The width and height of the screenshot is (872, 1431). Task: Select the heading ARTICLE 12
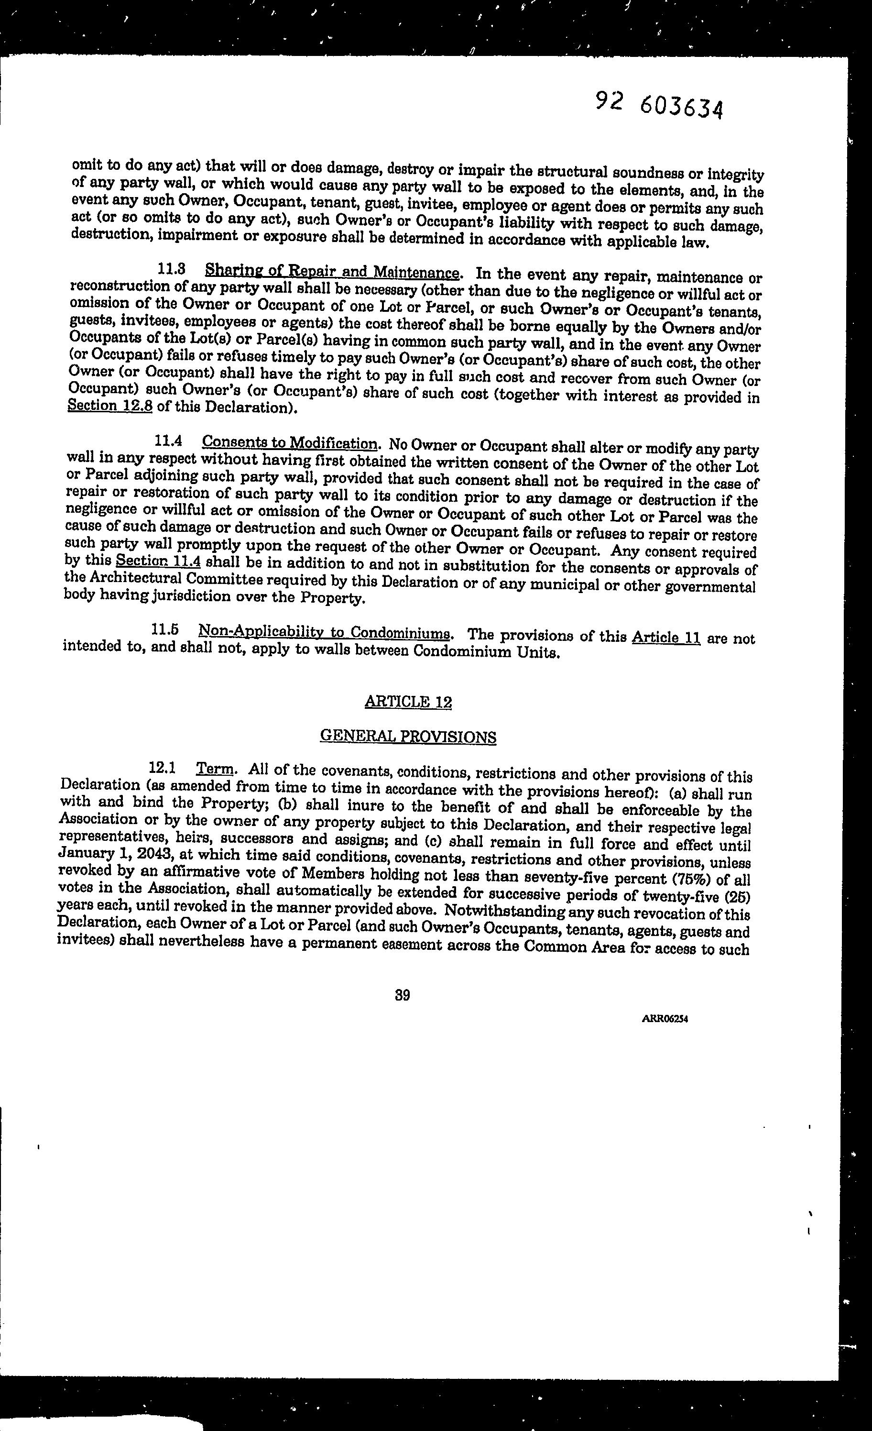coord(408,702)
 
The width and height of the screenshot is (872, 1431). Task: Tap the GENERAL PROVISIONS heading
coord(408,737)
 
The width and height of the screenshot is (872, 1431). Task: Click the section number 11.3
coord(172,269)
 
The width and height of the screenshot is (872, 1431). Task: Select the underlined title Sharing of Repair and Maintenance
coord(333,271)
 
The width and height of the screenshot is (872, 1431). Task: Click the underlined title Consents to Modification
coord(290,443)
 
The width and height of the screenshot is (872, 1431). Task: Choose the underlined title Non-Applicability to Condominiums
coord(325,632)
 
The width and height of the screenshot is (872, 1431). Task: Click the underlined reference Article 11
coord(666,637)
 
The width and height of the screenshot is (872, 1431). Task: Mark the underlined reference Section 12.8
coord(110,405)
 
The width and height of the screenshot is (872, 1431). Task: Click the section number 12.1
coord(163,768)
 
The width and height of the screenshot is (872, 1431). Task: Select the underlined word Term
coord(215,769)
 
